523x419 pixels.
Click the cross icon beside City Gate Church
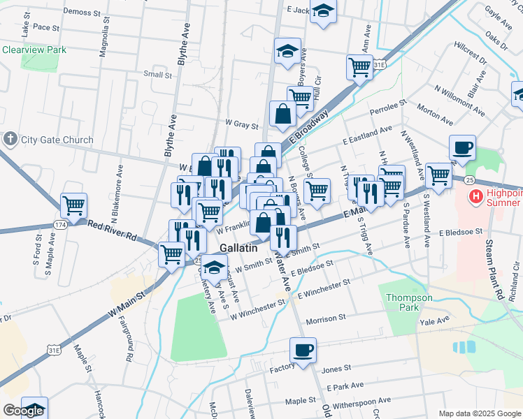click(10, 139)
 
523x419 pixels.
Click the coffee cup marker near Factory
click(303, 350)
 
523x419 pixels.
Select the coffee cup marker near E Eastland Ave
click(462, 147)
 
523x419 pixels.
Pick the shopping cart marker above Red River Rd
click(73, 205)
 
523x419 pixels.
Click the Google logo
click(23, 411)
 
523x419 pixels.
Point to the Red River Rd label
click(112, 230)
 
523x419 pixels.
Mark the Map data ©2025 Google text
click(479, 413)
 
